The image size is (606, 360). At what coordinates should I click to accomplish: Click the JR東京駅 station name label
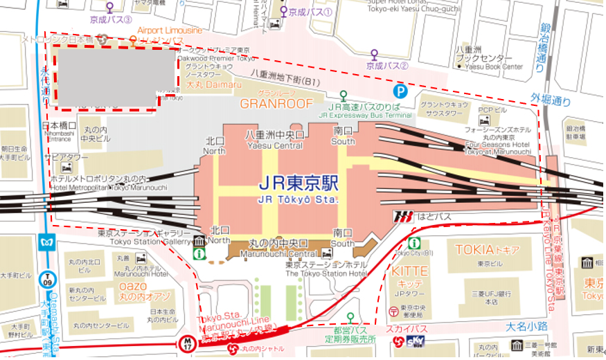[x=298, y=184]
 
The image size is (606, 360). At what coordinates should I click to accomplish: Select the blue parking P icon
[x=400, y=90]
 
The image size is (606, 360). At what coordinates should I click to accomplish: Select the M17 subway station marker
[x=188, y=342]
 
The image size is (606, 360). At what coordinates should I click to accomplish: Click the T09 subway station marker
[x=46, y=279]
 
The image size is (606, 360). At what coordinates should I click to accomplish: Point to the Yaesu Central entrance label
[x=274, y=139]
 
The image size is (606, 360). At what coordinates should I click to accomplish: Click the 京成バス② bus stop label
[x=387, y=65]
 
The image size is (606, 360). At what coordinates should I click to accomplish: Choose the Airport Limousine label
[x=169, y=31]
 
